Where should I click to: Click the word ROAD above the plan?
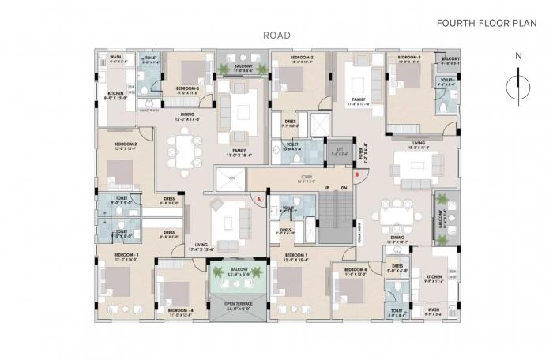(x=276, y=36)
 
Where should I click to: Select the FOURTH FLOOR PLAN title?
(x=481, y=24)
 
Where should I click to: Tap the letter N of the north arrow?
(x=517, y=56)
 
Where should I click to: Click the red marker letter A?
(x=258, y=199)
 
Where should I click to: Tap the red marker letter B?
(x=358, y=174)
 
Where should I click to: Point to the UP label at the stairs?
(x=327, y=188)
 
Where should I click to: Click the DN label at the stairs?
(x=344, y=188)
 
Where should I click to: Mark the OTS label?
(x=231, y=178)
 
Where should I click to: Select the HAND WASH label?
(x=150, y=111)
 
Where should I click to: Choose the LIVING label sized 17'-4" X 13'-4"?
(x=201, y=246)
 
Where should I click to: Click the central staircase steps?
(x=334, y=213)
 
